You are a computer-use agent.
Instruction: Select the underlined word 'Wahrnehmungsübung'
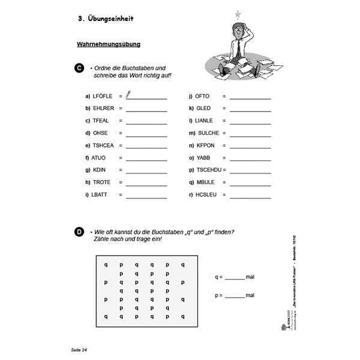(x=109, y=45)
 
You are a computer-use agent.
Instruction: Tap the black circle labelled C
(x=79, y=69)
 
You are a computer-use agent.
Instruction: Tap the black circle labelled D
(x=79, y=232)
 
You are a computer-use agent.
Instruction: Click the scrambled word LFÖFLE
(x=103, y=96)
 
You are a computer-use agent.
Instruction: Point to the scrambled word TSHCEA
(x=103, y=145)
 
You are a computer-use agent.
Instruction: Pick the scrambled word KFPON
(x=205, y=145)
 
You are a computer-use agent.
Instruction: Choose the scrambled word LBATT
(x=101, y=195)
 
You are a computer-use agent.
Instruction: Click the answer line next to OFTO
(x=250, y=97)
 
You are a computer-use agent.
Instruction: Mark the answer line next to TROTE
(x=146, y=183)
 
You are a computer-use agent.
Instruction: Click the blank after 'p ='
(x=235, y=296)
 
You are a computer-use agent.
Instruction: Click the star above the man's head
(x=238, y=13)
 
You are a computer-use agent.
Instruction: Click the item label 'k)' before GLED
(x=191, y=108)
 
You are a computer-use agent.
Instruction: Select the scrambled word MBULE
(x=205, y=182)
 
